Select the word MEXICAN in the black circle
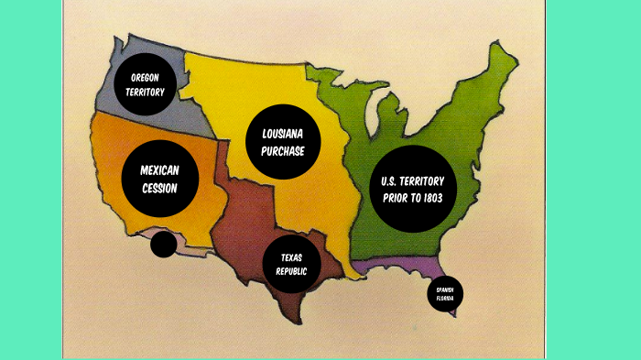coord(159,171)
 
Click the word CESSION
coord(159,190)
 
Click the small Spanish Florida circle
coord(445,294)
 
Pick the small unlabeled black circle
coord(163,245)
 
